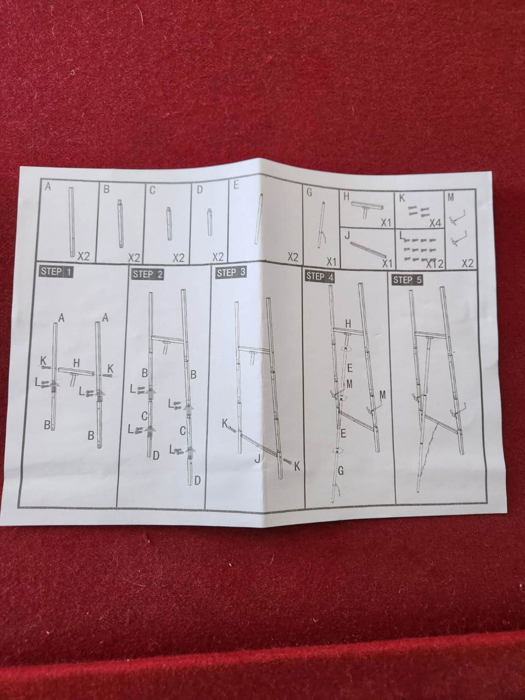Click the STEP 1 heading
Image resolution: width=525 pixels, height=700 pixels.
tap(56, 272)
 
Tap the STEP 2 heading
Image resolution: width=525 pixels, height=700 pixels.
tap(148, 274)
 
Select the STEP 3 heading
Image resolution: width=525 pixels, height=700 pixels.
tap(231, 273)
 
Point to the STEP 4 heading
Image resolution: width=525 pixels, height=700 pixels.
tap(320, 276)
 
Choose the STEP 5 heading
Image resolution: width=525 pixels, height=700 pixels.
tap(407, 280)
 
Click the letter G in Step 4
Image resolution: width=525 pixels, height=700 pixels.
tap(340, 470)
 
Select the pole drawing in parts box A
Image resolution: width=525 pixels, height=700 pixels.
tap(72, 222)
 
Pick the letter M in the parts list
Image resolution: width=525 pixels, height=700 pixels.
tap(451, 198)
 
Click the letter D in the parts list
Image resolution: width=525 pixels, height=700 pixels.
tap(199, 190)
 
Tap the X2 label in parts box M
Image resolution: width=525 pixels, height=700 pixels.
tap(467, 263)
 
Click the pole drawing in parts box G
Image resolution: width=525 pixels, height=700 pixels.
tap(321, 224)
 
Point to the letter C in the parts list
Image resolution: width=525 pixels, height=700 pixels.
tap(152, 190)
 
